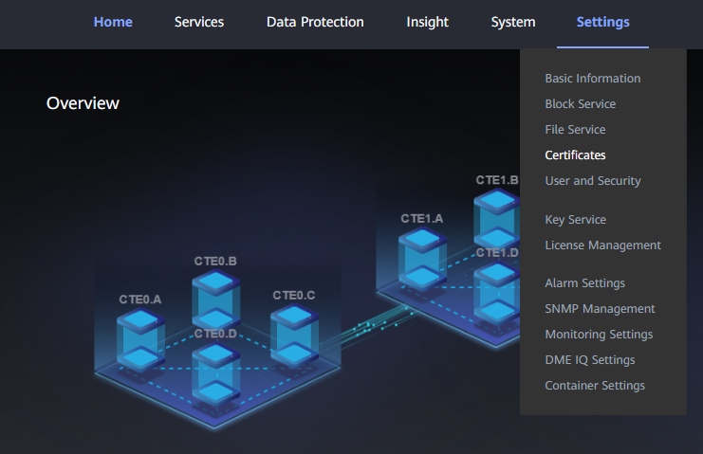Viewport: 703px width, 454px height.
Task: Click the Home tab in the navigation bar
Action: [113, 22]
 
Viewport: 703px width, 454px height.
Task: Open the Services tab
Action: [199, 22]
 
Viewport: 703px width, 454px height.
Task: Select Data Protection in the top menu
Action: [315, 22]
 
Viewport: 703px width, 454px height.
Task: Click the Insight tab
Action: [427, 22]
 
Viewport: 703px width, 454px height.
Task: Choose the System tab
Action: [513, 22]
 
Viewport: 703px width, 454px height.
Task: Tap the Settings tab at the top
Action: [602, 22]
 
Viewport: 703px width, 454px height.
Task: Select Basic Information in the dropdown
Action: [593, 79]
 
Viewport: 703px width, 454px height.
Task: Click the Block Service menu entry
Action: [580, 104]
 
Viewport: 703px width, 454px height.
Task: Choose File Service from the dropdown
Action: [575, 130]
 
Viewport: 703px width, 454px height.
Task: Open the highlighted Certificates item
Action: [575, 155]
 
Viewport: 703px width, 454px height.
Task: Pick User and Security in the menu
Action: [593, 181]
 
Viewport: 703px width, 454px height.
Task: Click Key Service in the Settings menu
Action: [575, 220]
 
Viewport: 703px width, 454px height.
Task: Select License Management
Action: [602, 245]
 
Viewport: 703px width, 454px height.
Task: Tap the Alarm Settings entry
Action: [584, 283]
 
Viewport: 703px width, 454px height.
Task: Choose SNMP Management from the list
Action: [600, 309]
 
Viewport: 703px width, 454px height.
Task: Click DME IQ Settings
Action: [589, 360]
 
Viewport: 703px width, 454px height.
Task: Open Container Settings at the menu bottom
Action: [595, 386]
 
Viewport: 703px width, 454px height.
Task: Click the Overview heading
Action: [83, 102]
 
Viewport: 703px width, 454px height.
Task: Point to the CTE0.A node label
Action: [139, 300]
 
